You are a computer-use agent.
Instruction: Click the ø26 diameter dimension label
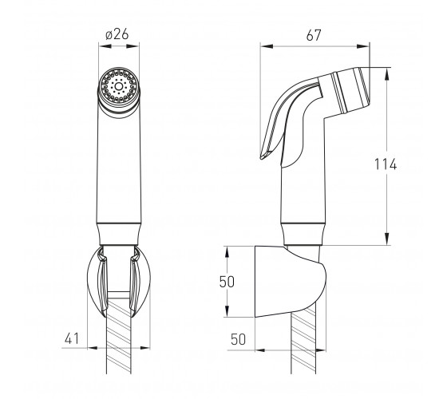(117, 34)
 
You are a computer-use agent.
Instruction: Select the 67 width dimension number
(314, 35)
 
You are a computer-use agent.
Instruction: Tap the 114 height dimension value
(385, 164)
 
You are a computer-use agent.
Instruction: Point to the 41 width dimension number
(71, 339)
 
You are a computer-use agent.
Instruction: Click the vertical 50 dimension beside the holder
(227, 281)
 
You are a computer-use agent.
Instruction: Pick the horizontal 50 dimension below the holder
(238, 339)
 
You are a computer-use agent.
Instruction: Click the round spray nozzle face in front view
(119, 85)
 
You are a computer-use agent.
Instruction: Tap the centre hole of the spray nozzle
(119, 86)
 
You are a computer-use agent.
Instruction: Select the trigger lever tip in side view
(263, 156)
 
